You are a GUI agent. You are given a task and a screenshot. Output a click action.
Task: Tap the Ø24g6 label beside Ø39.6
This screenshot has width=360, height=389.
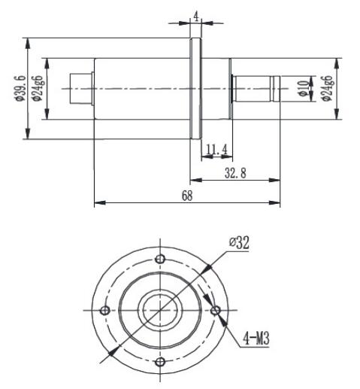point(35,89)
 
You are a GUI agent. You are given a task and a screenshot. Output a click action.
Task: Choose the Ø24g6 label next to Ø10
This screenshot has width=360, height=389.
point(326,89)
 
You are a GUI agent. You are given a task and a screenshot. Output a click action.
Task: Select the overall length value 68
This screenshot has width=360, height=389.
point(186,196)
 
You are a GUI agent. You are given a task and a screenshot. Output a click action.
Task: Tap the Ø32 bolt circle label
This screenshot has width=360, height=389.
point(240,243)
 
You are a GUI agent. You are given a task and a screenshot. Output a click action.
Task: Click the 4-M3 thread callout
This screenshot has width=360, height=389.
point(256,339)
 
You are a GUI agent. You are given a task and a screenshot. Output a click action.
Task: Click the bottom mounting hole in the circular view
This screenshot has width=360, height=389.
point(159,363)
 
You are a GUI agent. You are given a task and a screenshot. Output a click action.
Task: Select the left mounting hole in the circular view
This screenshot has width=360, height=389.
point(105,311)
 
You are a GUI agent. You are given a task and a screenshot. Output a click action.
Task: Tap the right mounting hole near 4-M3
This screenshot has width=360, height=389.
point(216,311)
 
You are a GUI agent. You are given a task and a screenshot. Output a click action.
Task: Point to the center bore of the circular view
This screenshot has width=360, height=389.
point(159,310)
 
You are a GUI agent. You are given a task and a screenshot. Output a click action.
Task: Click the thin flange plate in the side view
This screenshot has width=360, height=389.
point(195,89)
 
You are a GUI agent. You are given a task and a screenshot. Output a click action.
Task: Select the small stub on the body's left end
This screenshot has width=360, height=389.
point(80,88)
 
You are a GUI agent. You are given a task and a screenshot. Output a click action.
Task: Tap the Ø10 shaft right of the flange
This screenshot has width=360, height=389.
point(256,88)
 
